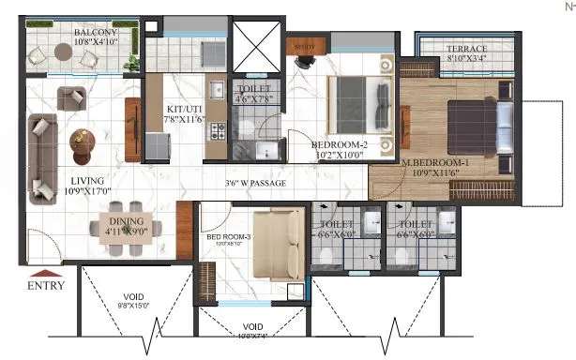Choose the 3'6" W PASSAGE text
(x=255, y=183)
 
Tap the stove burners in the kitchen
(x=220, y=132)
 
